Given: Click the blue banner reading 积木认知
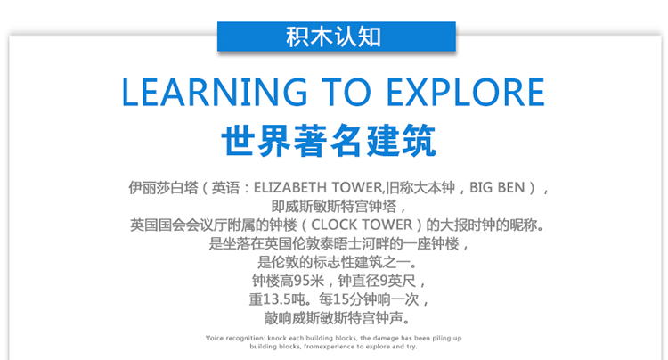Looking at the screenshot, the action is [x=336, y=37].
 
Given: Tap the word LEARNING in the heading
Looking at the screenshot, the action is [x=215, y=92].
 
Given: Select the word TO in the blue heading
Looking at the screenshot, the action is [x=346, y=92].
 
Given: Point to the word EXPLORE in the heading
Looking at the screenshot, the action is [x=465, y=92].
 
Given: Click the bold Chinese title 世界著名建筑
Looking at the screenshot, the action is [x=329, y=141].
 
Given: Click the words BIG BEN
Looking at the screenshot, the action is [x=497, y=187].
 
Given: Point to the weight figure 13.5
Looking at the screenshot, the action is [x=277, y=299].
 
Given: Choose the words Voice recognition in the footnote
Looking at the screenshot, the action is [x=235, y=338].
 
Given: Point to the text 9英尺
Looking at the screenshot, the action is [x=398, y=281].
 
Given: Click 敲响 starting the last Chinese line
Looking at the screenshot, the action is [x=278, y=318].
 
